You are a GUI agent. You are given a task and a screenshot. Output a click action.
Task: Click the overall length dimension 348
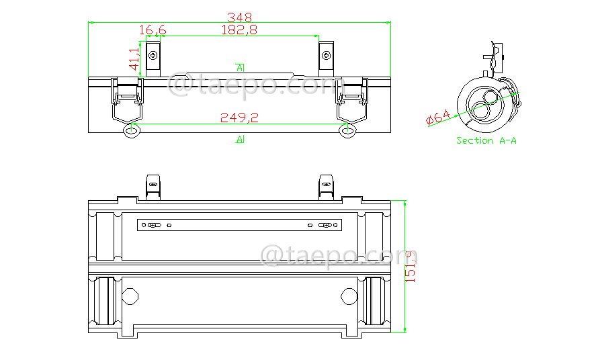(240, 16)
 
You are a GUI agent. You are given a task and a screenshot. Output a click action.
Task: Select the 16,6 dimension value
(153, 30)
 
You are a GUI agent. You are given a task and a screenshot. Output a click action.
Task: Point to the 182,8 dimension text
(239, 30)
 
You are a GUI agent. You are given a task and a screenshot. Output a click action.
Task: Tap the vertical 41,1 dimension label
(134, 59)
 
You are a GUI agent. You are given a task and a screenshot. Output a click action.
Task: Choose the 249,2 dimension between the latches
(240, 118)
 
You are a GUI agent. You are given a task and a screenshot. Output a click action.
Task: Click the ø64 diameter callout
(438, 118)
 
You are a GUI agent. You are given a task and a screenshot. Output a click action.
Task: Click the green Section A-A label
(486, 140)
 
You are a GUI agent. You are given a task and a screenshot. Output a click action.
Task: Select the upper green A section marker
(240, 67)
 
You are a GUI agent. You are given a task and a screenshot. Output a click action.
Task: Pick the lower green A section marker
(240, 139)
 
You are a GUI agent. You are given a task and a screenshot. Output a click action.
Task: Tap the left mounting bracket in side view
(154, 58)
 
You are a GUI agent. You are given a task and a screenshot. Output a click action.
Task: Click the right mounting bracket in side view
(326, 58)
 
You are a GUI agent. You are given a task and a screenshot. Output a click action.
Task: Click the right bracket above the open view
(326, 186)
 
